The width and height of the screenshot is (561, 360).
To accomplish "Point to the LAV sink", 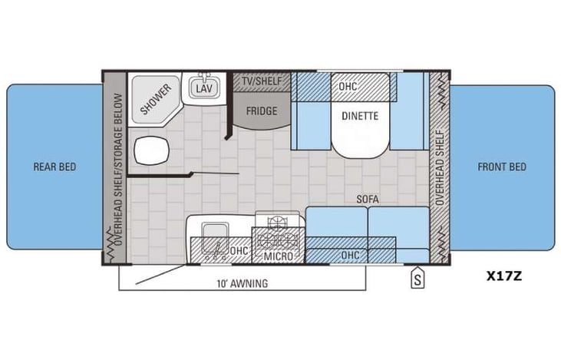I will [x=203, y=89].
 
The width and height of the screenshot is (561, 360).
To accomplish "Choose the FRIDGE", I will [x=261, y=111].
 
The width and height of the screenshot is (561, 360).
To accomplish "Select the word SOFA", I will [x=368, y=199].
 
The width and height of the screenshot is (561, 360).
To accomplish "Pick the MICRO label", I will [x=276, y=255].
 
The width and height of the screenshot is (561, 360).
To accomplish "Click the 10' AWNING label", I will [x=242, y=283].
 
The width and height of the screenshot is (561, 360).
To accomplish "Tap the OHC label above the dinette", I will [x=347, y=86].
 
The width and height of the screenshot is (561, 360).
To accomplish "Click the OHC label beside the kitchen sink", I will [x=239, y=249].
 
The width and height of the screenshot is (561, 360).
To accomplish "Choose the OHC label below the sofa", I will [x=350, y=254].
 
